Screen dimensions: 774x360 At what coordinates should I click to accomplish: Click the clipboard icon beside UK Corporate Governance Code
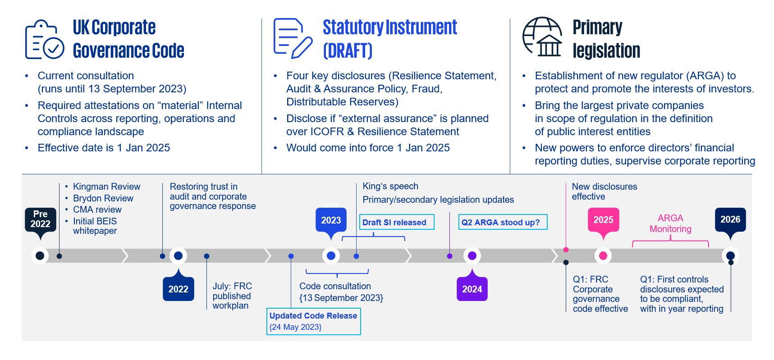(x=44, y=39)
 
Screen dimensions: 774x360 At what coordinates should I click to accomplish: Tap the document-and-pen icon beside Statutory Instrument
(x=293, y=38)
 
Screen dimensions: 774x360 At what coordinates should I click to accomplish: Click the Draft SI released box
(x=397, y=222)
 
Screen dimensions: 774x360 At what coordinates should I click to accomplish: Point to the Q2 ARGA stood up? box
(x=503, y=222)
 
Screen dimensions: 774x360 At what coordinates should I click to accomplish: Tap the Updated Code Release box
(x=314, y=321)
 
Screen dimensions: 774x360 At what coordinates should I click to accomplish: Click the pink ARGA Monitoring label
(x=670, y=223)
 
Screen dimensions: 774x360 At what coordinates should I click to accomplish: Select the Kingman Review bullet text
(x=107, y=187)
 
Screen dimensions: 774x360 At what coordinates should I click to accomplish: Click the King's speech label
(x=390, y=186)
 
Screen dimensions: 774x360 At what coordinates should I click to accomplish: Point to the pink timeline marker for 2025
(x=603, y=256)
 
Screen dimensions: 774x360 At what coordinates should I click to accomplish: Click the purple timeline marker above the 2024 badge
(x=472, y=256)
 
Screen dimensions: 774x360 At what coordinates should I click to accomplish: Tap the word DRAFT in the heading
(x=348, y=50)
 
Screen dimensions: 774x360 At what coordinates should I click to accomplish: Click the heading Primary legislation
(x=606, y=39)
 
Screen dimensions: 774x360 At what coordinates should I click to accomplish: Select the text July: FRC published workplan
(x=232, y=296)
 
